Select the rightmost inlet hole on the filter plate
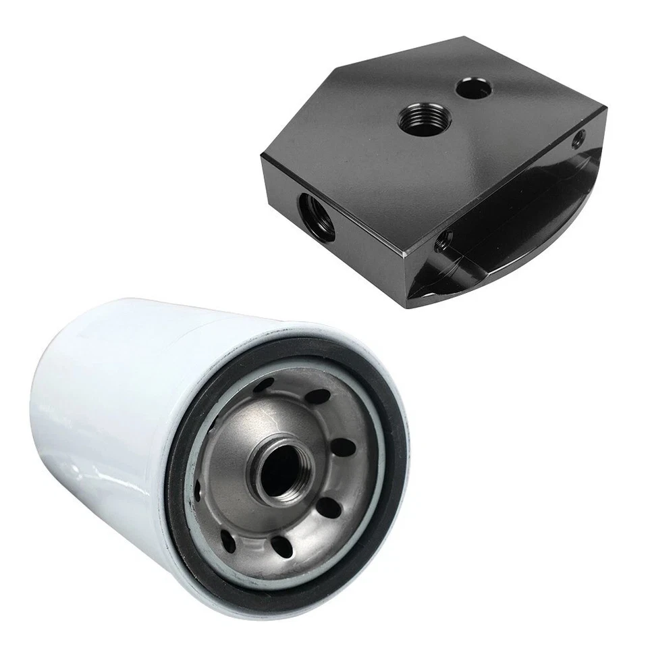click(x=343, y=448)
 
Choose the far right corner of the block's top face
click(x=606, y=108)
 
